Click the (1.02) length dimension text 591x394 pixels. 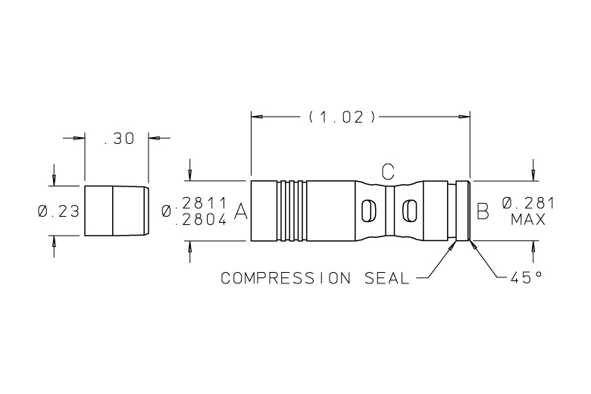[x=342, y=117]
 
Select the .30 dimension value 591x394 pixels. [x=119, y=139]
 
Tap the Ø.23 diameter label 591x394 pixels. [x=59, y=211]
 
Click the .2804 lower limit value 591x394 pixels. [x=202, y=220]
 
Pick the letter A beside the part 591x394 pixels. [x=241, y=211]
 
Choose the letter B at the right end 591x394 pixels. [x=483, y=211]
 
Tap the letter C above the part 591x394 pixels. [x=388, y=171]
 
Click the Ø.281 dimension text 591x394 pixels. [x=528, y=203]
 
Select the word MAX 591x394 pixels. [x=528, y=220]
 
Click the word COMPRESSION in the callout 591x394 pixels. [x=286, y=278]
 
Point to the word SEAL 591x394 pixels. [x=386, y=278]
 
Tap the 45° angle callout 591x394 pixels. [x=527, y=277]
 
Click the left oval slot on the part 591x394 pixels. [x=369, y=211]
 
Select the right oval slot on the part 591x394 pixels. [x=410, y=211]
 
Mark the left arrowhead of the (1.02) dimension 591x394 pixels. [x=257, y=117]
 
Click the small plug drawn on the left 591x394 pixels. [x=117, y=211]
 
